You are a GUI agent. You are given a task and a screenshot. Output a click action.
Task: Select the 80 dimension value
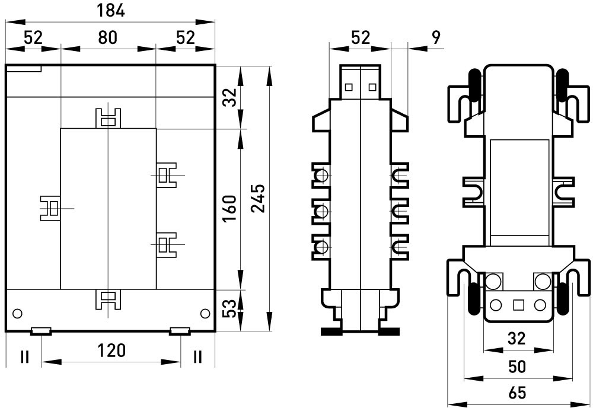(x=107, y=38)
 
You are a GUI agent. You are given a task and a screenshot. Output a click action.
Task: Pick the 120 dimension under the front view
(x=111, y=350)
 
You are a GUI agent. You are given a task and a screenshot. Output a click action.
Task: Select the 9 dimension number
(x=436, y=38)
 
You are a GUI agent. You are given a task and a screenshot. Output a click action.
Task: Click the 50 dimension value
(x=518, y=366)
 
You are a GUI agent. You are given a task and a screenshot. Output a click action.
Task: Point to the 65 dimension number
(x=518, y=393)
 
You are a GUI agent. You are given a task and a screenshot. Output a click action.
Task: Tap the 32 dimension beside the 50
(x=518, y=339)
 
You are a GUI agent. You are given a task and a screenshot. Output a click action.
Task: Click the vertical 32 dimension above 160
(x=231, y=97)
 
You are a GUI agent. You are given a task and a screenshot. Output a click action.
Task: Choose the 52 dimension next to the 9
(x=361, y=38)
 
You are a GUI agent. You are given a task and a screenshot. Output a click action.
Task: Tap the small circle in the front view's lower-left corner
(x=18, y=313)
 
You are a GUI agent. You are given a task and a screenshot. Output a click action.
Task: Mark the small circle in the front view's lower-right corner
(x=205, y=313)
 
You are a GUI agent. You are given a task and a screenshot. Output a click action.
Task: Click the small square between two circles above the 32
(x=518, y=305)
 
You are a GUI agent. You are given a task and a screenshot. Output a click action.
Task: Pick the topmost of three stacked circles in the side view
(x=323, y=176)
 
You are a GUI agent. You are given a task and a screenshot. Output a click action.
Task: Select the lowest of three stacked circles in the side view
(x=323, y=246)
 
